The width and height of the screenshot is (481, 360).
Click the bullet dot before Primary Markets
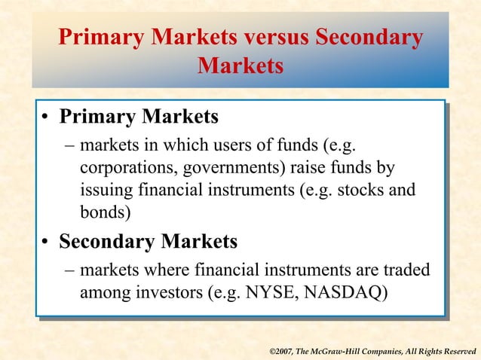(x=46, y=119)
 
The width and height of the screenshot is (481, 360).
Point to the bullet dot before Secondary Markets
(x=46, y=243)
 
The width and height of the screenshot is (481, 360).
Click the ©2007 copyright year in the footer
(x=283, y=351)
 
